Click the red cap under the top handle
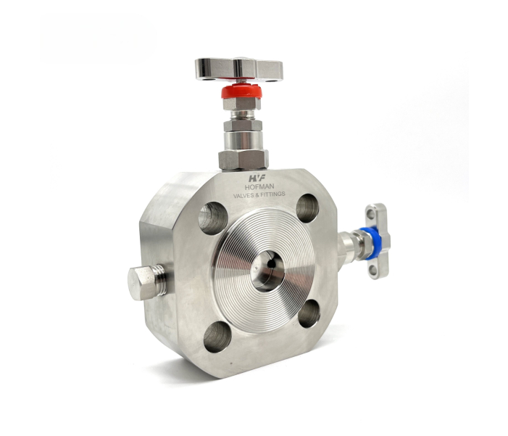(241, 91)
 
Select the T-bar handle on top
(239, 69)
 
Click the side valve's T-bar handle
(378, 241)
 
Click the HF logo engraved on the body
(257, 178)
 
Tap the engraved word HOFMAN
(259, 187)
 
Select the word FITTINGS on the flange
(275, 194)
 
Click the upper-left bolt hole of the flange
(212, 218)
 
